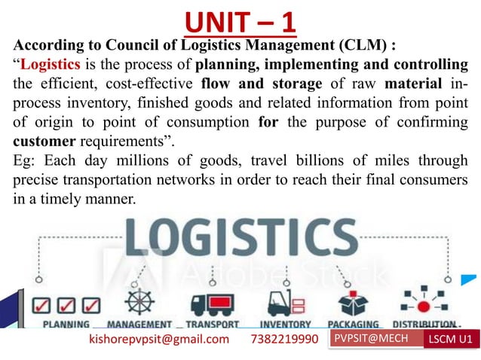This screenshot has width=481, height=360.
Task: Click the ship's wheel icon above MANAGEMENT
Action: [138, 301]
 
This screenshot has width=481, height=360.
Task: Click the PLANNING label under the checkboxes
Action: [65, 325]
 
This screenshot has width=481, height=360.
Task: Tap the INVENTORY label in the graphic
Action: [285, 325]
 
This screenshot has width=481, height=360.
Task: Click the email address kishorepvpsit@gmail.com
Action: [159, 340]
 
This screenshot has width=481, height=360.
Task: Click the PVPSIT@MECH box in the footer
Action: [369, 339]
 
